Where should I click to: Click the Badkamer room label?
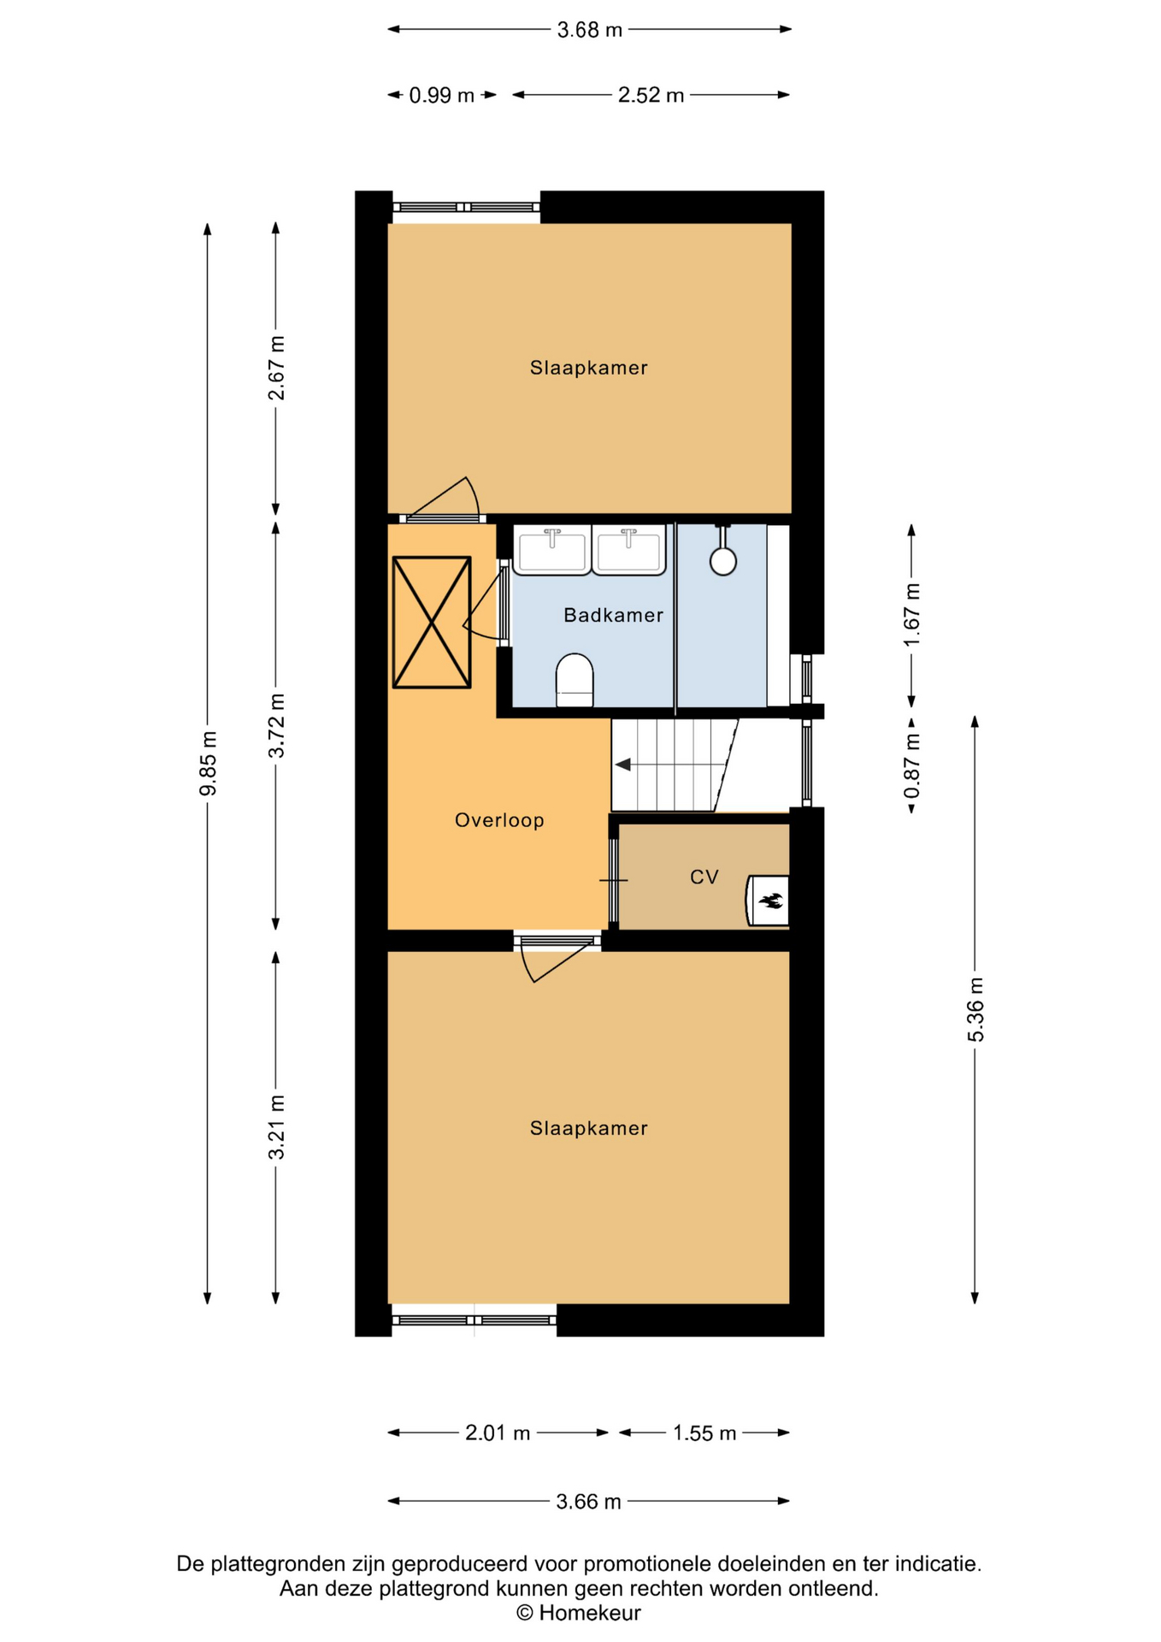click(x=613, y=615)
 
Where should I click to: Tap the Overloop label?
click(x=499, y=820)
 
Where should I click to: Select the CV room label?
click(x=704, y=877)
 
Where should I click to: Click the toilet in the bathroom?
click(x=575, y=681)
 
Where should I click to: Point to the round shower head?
click(x=723, y=561)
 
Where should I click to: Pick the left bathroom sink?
click(x=552, y=549)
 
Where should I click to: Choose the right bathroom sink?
click(x=629, y=549)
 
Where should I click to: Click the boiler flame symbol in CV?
click(x=771, y=900)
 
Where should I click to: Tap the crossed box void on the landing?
click(x=432, y=622)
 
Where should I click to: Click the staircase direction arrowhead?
click(x=623, y=765)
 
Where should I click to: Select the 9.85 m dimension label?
click(x=208, y=764)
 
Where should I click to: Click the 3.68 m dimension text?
click(x=590, y=30)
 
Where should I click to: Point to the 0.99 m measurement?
click(x=441, y=95)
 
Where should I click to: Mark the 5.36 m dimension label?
click(x=975, y=1009)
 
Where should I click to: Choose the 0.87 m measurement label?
click(x=912, y=765)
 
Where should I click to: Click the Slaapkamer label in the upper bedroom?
click(x=589, y=368)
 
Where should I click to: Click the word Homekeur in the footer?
click(x=590, y=1613)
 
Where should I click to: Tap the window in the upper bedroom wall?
click(x=466, y=207)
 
